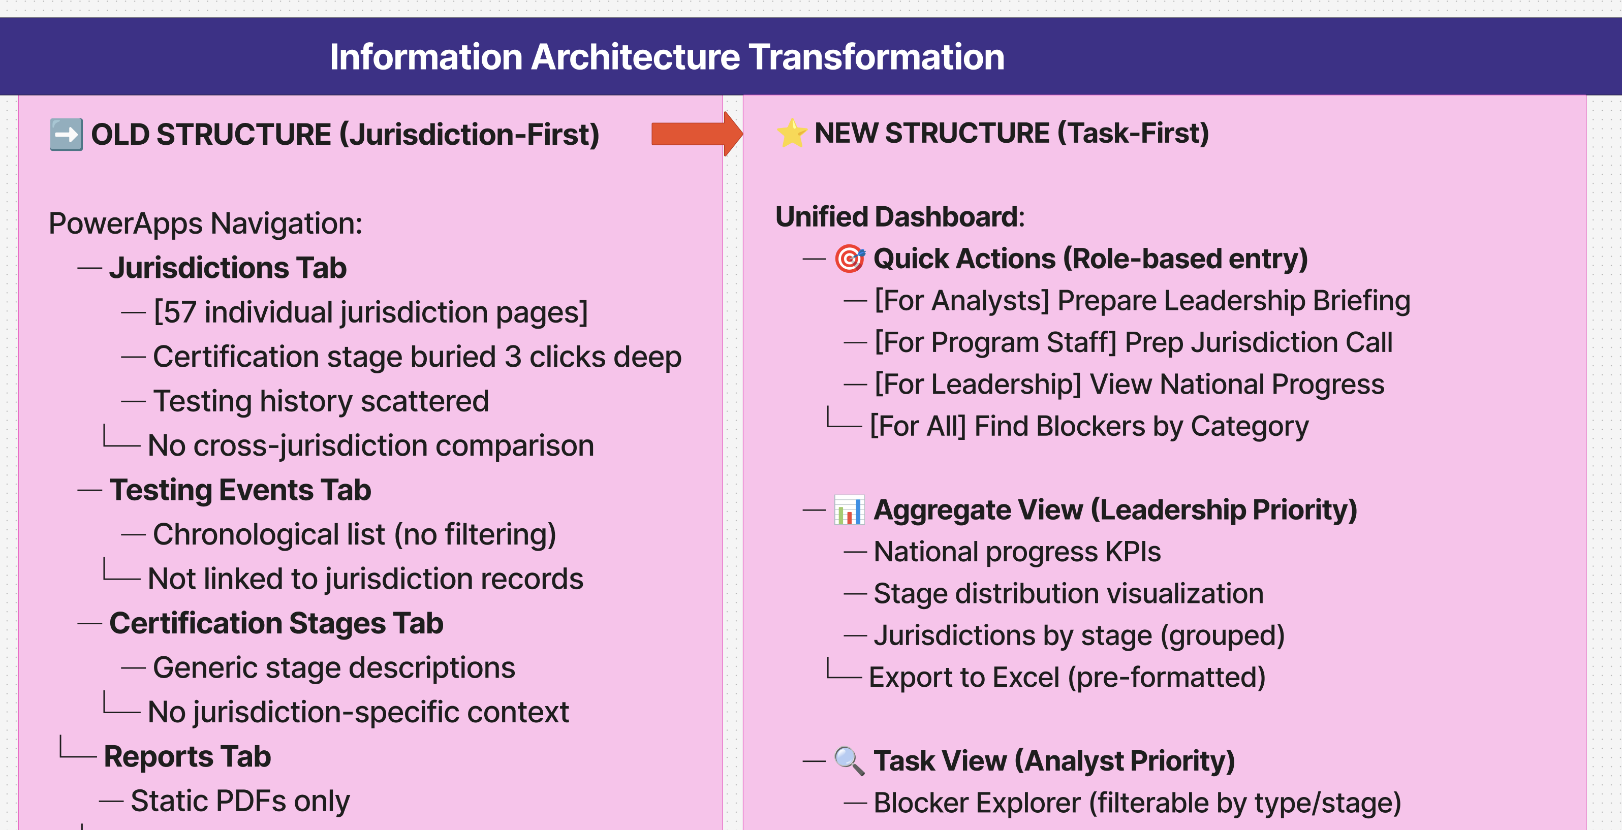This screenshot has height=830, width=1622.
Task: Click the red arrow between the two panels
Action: point(696,134)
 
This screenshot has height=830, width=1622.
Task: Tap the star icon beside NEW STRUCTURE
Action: point(792,134)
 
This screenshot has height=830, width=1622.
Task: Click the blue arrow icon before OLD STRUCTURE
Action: point(66,135)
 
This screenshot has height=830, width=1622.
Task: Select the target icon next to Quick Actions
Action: point(850,259)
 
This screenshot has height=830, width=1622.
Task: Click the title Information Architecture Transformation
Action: point(667,56)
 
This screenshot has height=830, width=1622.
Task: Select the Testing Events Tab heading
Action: point(240,490)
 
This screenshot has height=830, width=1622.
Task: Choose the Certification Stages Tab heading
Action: point(276,623)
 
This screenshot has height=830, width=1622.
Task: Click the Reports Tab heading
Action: point(187,756)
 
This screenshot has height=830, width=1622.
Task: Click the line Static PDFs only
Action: point(240,801)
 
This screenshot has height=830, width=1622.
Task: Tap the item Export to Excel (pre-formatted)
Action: point(1067,677)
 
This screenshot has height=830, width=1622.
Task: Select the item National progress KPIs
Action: point(1017,552)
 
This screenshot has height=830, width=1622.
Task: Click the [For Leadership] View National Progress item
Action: point(1129,384)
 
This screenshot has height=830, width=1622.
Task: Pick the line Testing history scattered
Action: point(321,401)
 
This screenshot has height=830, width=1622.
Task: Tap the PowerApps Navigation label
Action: point(205,224)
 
